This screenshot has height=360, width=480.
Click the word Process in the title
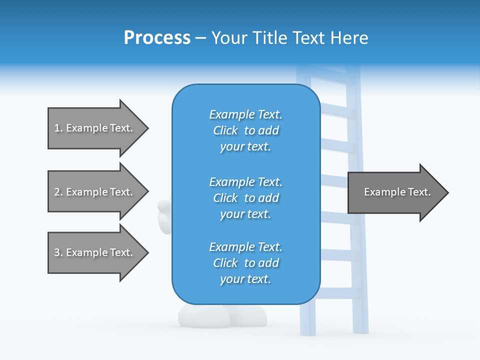click(157, 38)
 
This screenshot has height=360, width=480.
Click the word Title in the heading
click(270, 38)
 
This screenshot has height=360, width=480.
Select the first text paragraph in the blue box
click(245, 130)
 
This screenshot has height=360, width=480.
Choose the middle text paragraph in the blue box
click(245, 198)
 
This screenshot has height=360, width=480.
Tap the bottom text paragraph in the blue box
click(245, 263)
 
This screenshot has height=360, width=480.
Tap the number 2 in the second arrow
click(57, 192)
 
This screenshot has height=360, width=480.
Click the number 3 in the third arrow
click(57, 252)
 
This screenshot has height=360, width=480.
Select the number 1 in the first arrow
click(57, 128)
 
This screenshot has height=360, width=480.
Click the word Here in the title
click(349, 38)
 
